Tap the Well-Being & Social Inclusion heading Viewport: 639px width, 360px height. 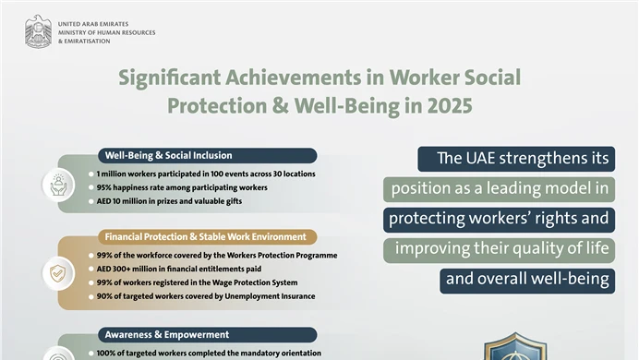tap(168, 155)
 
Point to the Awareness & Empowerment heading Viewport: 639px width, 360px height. tap(166, 334)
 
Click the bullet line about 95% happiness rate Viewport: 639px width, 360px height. tap(181, 187)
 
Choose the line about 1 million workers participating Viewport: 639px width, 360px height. tap(206, 174)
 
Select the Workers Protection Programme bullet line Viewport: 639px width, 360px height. tap(217, 255)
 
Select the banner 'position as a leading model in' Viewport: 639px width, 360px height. tap(499, 189)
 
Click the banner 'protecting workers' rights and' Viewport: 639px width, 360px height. tap(499, 220)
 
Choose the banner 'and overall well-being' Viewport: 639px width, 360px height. tap(526, 280)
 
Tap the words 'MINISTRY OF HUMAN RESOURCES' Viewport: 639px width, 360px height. tap(106, 33)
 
